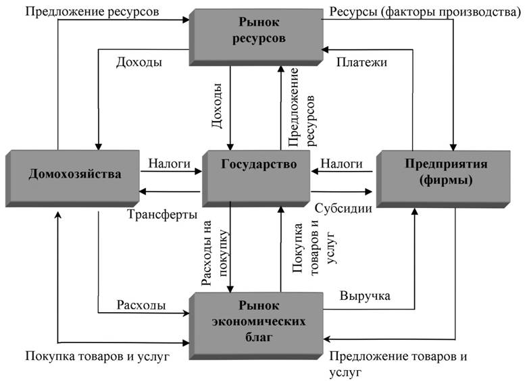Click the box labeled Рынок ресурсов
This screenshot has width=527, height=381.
(x=256, y=37)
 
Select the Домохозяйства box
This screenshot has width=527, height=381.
(x=72, y=178)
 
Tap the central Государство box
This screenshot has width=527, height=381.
(x=256, y=178)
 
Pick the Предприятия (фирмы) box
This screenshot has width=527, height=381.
(x=443, y=180)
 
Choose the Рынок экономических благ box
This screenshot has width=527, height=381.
(x=256, y=326)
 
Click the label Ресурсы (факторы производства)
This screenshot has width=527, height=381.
(x=425, y=11)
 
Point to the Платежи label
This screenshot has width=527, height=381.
(x=361, y=62)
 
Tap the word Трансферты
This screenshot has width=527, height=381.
(x=162, y=214)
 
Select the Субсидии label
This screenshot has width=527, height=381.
(x=343, y=208)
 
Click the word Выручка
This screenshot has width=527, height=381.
(x=365, y=296)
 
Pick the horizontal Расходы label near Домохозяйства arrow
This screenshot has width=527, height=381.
(x=141, y=305)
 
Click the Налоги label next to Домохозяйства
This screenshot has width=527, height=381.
(x=170, y=163)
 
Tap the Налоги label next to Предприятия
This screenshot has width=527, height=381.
(x=341, y=163)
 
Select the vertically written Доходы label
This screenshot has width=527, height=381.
(x=217, y=105)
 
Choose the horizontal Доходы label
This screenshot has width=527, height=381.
(x=139, y=62)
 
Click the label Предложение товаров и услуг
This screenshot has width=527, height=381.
(x=398, y=364)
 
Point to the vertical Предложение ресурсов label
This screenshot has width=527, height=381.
(x=302, y=107)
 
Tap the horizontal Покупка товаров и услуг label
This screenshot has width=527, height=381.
(x=97, y=356)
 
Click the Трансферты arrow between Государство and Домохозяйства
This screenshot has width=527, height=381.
(x=170, y=191)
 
